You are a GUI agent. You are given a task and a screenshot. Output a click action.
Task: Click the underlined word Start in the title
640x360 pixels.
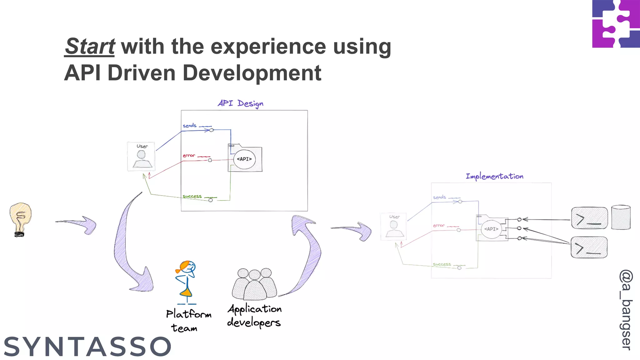[90, 46]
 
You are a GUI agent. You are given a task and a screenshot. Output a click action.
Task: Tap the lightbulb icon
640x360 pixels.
[20, 219]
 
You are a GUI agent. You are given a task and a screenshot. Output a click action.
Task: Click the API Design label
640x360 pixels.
[240, 103]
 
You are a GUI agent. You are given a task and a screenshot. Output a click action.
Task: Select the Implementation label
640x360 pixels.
[494, 176]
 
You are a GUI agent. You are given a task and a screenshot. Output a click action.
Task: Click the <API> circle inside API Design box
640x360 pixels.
[244, 159]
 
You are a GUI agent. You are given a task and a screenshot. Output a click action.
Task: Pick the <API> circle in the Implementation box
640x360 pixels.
[491, 229]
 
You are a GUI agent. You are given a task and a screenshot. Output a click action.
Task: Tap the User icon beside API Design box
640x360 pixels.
[141, 156]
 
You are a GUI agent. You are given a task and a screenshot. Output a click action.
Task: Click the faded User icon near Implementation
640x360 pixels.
[393, 226]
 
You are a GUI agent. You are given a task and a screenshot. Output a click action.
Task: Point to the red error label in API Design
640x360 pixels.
[189, 155]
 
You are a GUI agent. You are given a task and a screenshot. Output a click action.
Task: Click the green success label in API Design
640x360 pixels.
[192, 196]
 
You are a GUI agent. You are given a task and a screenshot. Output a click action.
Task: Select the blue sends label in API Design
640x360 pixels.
[189, 125]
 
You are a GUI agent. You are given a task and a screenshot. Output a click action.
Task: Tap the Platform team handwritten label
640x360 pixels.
[188, 321]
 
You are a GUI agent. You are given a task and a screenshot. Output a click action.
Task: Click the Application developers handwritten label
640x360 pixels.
[254, 316]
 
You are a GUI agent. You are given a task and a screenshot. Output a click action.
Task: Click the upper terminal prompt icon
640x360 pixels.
[589, 218]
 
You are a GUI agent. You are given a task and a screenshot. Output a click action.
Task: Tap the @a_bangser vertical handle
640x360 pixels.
[626, 310]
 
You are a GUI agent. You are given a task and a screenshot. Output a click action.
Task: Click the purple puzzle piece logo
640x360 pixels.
[616, 24]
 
